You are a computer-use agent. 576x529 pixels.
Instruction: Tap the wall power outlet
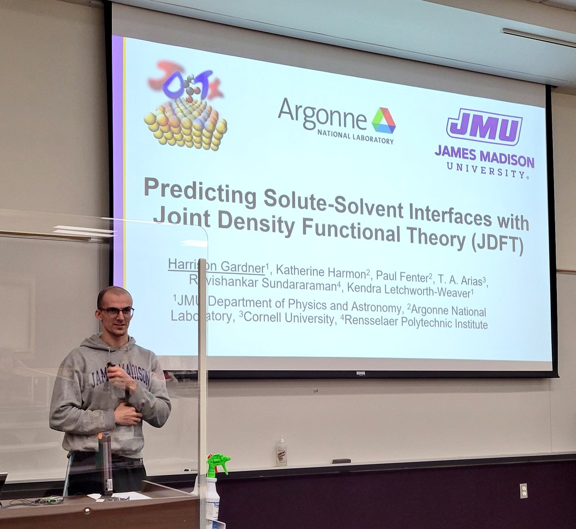(523, 490)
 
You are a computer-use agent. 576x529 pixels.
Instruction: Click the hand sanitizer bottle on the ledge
(281, 451)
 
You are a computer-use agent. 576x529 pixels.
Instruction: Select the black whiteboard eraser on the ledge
(341, 461)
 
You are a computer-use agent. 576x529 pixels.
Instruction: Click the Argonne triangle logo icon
(384, 120)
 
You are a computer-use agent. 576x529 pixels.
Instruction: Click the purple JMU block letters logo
(484, 126)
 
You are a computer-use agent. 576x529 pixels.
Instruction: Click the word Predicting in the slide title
(199, 192)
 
